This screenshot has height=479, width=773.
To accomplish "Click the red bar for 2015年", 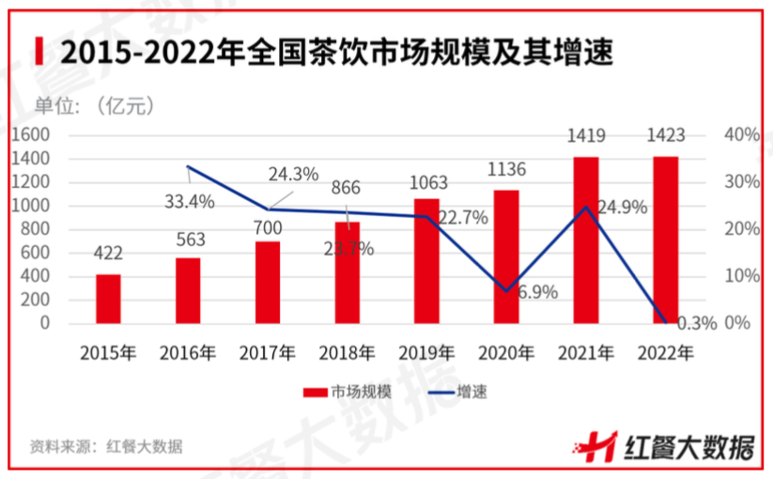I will (108, 299).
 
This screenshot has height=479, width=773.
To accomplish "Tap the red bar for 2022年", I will (665, 239).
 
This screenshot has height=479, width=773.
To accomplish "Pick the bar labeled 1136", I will (506, 256).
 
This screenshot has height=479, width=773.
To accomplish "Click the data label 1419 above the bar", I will (586, 137).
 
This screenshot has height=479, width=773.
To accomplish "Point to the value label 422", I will (108, 255).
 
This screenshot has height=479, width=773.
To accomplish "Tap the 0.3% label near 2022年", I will (696, 323).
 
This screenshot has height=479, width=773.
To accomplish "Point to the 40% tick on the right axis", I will (742, 135).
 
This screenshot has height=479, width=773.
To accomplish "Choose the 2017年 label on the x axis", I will (268, 354).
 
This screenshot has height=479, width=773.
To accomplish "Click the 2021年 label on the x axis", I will (586, 354).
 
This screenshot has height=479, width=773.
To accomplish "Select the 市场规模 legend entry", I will (339, 392).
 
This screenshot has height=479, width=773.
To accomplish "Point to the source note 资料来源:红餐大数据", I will (106, 446).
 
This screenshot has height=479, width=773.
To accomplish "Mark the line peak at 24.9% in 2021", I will (586, 207).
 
